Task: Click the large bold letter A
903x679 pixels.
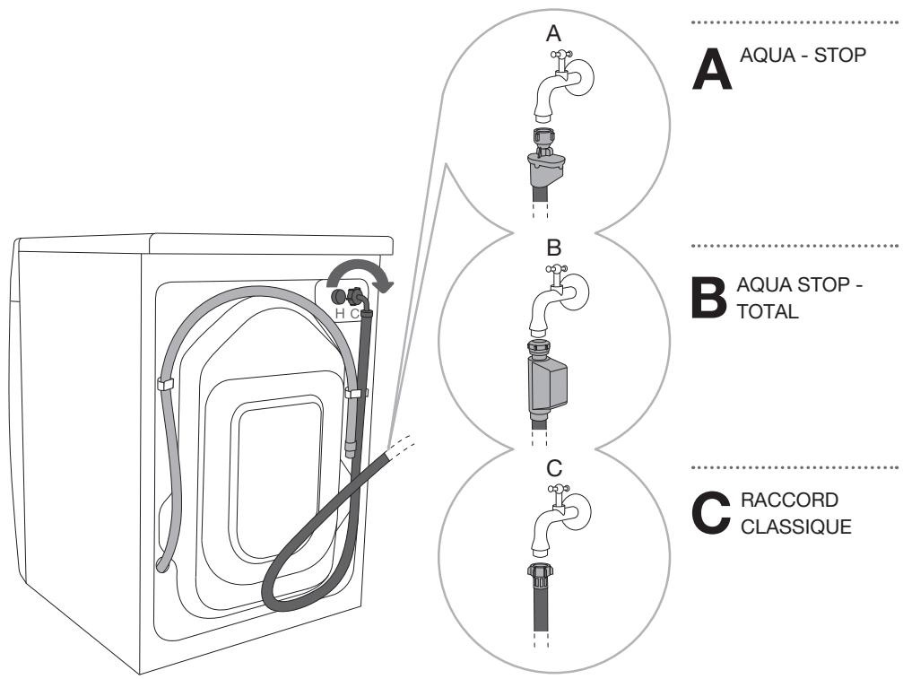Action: click(712, 68)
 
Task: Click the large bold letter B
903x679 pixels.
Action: click(709, 297)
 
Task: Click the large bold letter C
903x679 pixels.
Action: click(711, 512)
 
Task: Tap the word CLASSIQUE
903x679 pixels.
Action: click(796, 527)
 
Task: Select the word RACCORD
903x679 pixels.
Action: click(789, 500)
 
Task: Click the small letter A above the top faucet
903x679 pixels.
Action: click(553, 33)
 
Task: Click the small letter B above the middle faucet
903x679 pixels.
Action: click(553, 248)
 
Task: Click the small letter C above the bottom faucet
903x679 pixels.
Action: click(554, 468)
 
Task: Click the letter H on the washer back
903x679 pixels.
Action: click(340, 314)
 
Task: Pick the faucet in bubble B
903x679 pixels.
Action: click(558, 301)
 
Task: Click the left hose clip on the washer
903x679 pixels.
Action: click(167, 383)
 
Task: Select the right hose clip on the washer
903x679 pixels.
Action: click(357, 394)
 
